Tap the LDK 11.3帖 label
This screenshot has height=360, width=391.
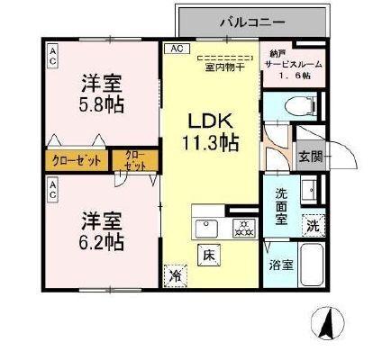pyautogui.click(x=213, y=130)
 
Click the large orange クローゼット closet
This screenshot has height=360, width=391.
pyautogui.click(x=77, y=163)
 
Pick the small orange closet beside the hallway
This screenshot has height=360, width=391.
pyautogui.click(x=134, y=162)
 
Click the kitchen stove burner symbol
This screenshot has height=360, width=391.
pyautogui.click(x=241, y=225)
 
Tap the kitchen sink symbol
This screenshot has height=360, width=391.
pyautogui.click(x=206, y=225)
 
